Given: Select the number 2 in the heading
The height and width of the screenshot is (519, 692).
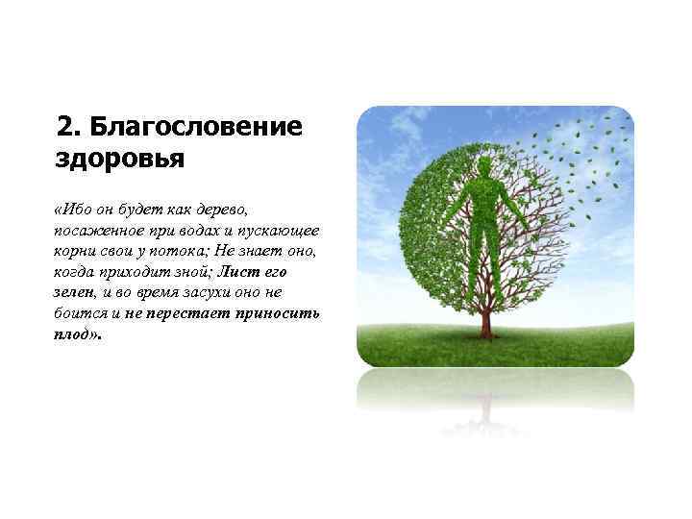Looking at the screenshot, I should [63, 127].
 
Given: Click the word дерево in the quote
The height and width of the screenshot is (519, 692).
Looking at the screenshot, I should [222, 210].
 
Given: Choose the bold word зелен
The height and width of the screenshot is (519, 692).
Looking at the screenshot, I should [73, 294].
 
